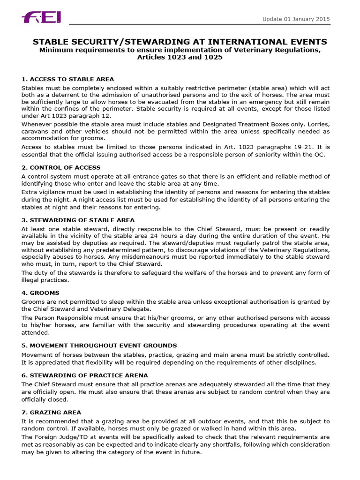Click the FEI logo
41,18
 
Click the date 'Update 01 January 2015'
296,19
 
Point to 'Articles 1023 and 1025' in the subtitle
180,57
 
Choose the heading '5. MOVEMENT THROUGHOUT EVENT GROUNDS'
99,345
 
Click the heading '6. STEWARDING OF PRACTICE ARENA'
84,375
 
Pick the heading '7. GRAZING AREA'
51,412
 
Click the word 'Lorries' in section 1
318,123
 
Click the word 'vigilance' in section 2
49,192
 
